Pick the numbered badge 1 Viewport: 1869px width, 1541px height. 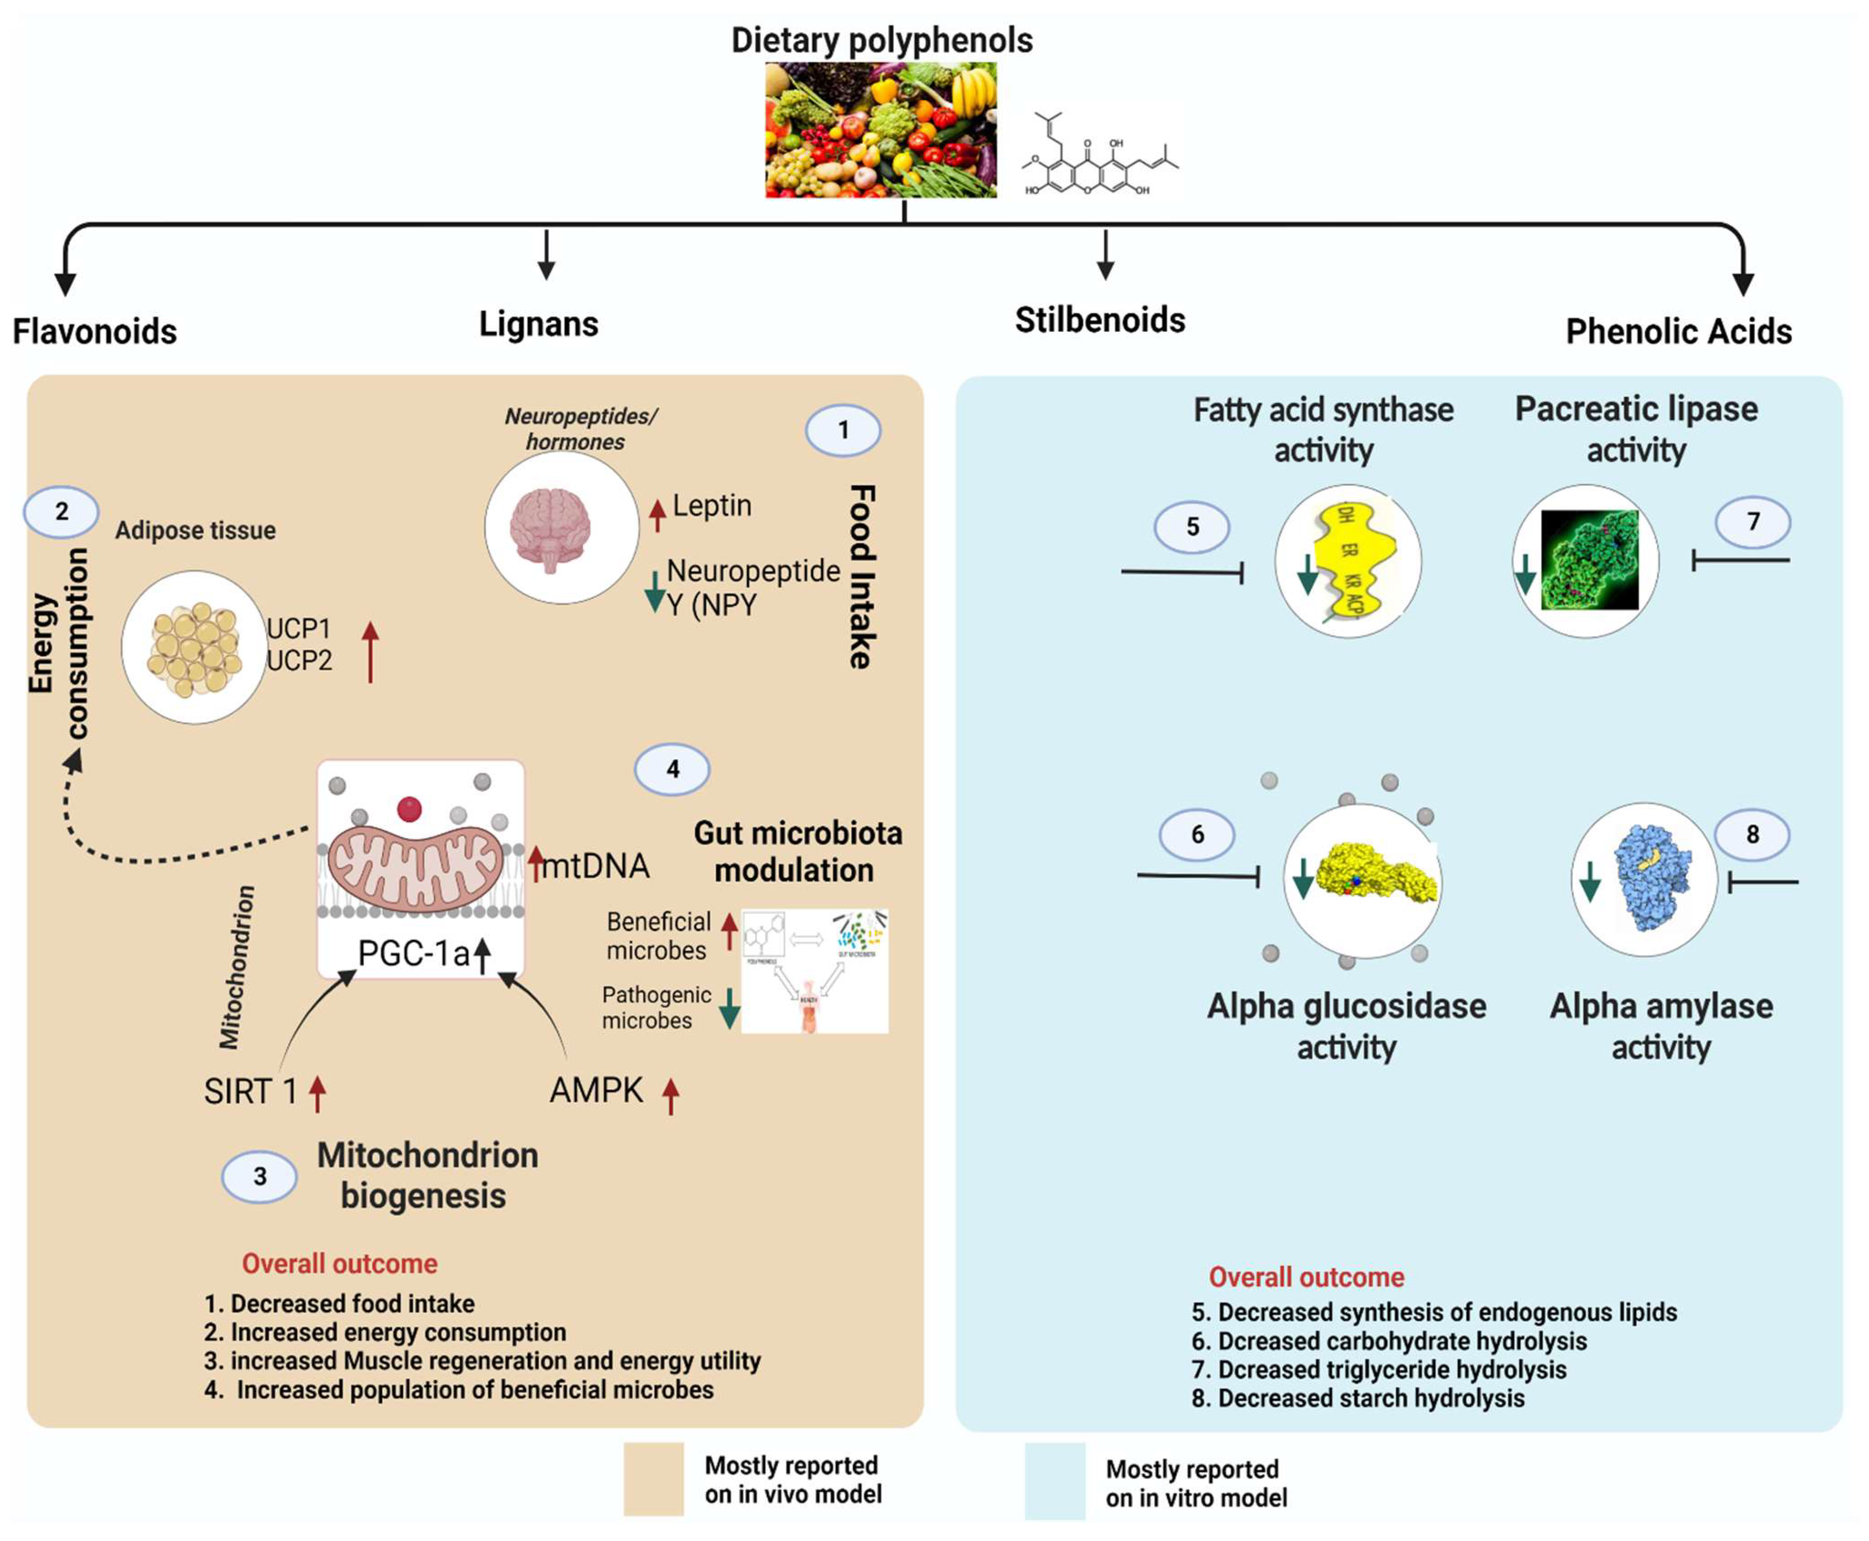[843, 431]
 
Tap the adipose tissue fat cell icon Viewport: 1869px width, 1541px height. [194, 648]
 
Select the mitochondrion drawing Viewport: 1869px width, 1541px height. [416, 866]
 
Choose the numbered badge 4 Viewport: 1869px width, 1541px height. [672, 769]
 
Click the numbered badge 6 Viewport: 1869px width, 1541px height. [1197, 834]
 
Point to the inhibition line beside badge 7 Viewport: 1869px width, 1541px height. [1740, 560]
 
